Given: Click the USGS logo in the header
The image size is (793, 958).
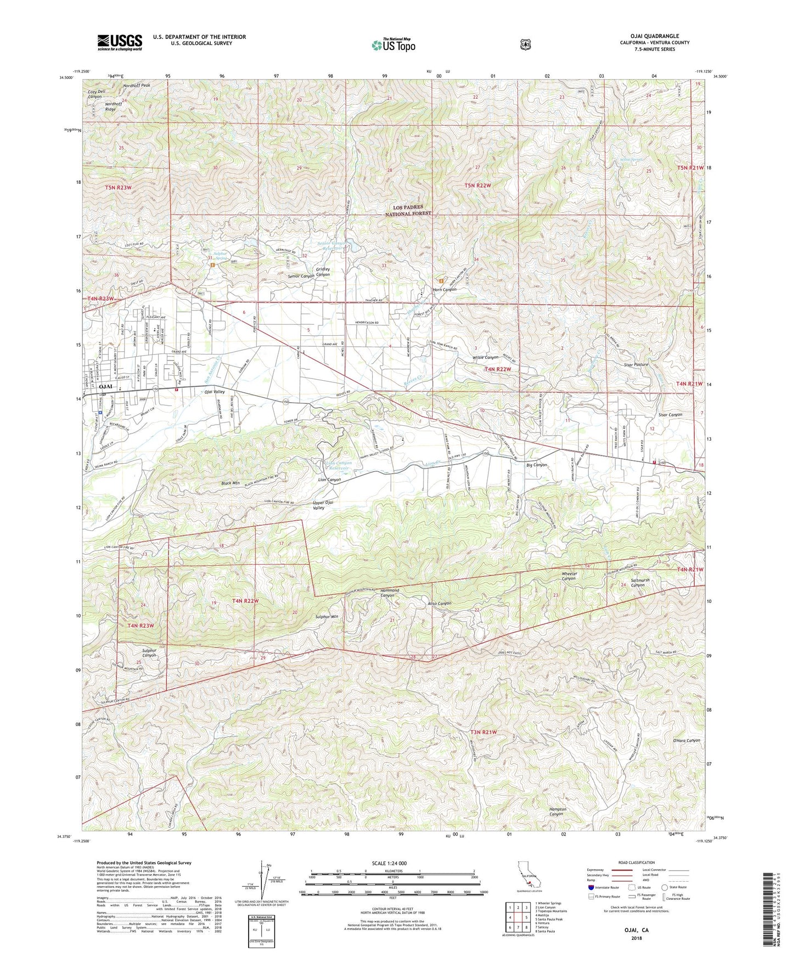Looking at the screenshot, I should pos(120,42).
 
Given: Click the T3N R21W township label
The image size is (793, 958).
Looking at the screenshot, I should pos(483,732).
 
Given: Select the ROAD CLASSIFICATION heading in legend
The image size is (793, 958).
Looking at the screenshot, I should pos(637,863).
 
